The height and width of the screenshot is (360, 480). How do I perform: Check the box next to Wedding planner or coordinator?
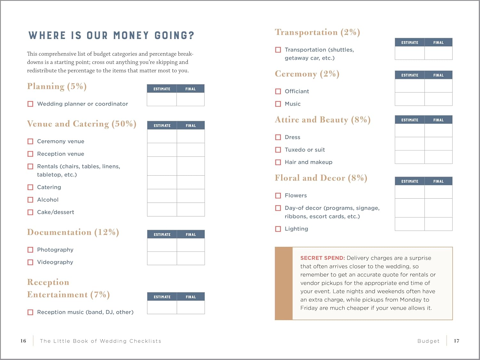pyautogui.click(x=30, y=104)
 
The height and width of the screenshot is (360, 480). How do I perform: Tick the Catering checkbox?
pyautogui.click(x=30, y=187)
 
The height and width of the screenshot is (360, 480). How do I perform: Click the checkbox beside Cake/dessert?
pyautogui.click(x=30, y=212)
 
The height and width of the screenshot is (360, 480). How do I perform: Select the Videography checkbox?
pyautogui.click(x=30, y=262)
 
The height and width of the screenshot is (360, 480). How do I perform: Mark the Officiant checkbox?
pyautogui.click(x=278, y=92)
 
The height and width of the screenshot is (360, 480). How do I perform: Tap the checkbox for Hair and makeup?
pyautogui.click(x=278, y=162)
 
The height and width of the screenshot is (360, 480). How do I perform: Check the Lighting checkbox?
pyautogui.click(x=278, y=229)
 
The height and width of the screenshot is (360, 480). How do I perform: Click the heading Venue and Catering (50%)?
pyautogui.click(x=82, y=124)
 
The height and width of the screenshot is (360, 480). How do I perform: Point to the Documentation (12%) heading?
pyautogui.click(x=73, y=232)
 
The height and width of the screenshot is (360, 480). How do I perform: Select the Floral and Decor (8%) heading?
pyautogui.click(x=321, y=178)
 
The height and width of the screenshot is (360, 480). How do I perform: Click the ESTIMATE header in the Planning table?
pyautogui.click(x=162, y=89)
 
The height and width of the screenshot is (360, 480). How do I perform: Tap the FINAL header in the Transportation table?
pyautogui.click(x=438, y=43)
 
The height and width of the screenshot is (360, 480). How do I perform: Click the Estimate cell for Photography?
pyautogui.click(x=162, y=245)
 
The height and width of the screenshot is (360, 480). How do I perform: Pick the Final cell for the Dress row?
pyautogui.click(x=438, y=131)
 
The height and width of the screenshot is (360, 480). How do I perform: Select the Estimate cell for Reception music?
pyautogui.click(x=162, y=308)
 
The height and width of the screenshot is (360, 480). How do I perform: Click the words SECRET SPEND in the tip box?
pyautogui.click(x=322, y=258)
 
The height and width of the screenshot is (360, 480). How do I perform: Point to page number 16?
pyautogui.click(x=23, y=341)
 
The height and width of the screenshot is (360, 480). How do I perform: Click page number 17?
pyautogui.click(x=456, y=341)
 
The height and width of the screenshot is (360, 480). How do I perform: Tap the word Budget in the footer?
pyautogui.click(x=428, y=341)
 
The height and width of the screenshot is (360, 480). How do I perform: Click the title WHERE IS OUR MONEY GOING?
pyautogui.click(x=111, y=36)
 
